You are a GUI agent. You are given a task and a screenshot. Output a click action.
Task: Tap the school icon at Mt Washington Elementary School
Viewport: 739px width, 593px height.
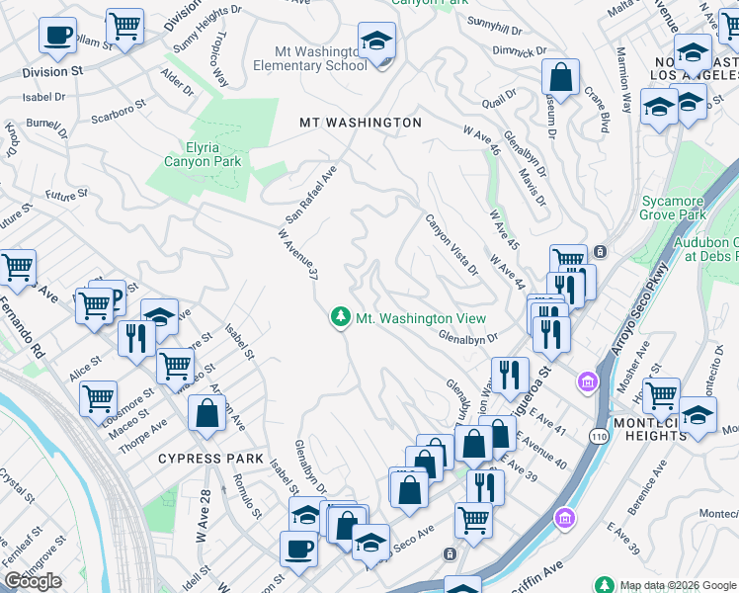375,42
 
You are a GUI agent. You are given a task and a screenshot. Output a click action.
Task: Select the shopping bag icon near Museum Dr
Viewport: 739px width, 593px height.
560,77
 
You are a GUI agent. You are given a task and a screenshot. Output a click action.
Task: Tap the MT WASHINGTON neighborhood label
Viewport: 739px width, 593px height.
361,123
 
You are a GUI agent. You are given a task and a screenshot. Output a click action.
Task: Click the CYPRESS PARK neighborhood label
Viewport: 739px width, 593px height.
210,459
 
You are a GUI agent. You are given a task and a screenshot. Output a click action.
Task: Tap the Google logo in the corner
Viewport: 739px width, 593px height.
33,581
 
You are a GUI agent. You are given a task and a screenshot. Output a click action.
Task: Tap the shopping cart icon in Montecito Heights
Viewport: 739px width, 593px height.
661,394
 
